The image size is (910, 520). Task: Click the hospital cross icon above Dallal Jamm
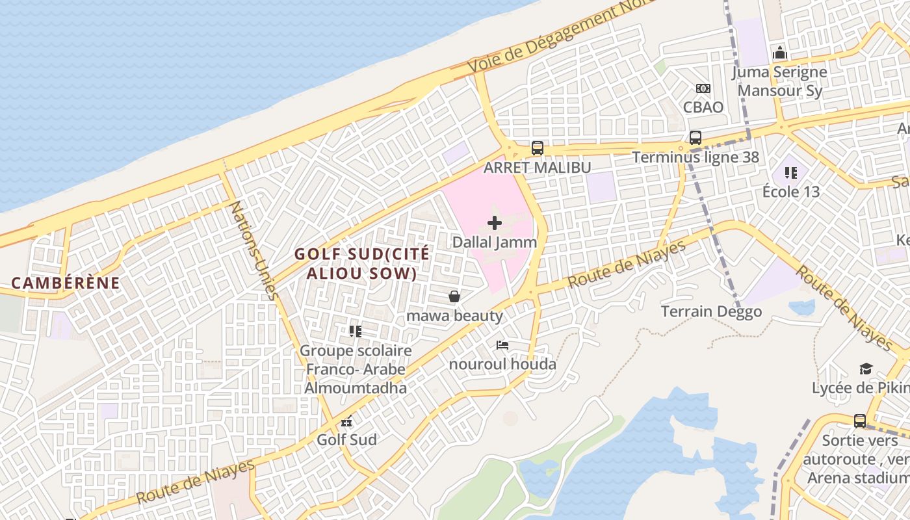point(495,223)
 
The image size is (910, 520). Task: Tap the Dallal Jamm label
point(495,242)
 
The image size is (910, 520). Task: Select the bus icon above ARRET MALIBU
point(537,148)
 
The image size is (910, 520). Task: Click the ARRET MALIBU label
point(537,168)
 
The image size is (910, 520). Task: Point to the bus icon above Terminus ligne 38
point(695,138)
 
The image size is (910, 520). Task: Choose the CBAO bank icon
point(703,88)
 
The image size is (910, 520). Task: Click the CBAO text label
point(703,107)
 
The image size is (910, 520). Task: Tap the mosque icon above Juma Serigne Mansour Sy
point(779,53)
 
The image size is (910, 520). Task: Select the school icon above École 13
point(791,173)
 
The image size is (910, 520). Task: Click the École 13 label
point(791,192)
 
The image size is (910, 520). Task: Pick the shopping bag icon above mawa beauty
point(454,297)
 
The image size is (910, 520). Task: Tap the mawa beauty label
point(454,317)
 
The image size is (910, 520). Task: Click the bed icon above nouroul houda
point(502,345)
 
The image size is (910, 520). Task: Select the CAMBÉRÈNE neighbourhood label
point(66,283)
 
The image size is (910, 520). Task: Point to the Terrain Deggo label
point(711,312)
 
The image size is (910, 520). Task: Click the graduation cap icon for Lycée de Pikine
point(865,369)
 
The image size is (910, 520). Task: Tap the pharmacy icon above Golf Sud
point(347,421)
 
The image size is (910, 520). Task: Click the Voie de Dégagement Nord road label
point(559,36)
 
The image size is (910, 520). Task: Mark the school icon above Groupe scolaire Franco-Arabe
point(355,331)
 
